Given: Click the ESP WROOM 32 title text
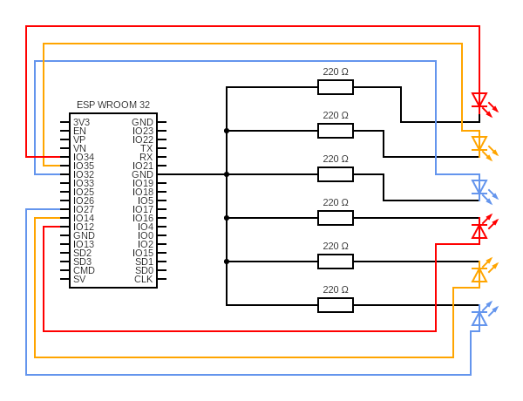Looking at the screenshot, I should pyautogui.click(x=113, y=105).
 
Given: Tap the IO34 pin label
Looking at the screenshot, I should pyautogui.click(x=84, y=157).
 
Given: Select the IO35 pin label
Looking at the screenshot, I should pyautogui.click(x=84, y=166).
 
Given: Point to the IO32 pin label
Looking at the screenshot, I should pyautogui.click(x=84, y=174).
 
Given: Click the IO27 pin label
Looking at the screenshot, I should pyautogui.click(x=84, y=209).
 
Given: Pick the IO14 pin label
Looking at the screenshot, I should pyautogui.click(x=84, y=218).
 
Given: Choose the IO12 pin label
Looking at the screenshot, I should pyautogui.click(x=84, y=227).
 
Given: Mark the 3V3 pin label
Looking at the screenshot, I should pyautogui.click(x=81, y=122).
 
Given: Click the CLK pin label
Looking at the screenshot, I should pyautogui.click(x=144, y=279).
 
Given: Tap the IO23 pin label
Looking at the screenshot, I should pyautogui.click(x=143, y=131).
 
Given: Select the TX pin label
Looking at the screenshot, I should pyautogui.click(x=146, y=148).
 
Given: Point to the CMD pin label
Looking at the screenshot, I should pyautogui.click(x=84, y=270).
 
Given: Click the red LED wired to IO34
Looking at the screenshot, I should pyautogui.click(x=479, y=100).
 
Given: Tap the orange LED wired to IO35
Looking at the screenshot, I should pyautogui.click(x=479, y=144).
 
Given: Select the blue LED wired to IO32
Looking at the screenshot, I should pyautogui.click(x=479, y=187).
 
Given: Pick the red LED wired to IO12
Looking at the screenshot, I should pyautogui.click(x=479, y=231).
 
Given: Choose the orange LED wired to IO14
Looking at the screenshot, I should pyautogui.click(x=479, y=275).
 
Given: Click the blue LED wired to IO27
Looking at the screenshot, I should pyautogui.click(x=479, y=318).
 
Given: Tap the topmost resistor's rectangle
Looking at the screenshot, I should pyautogui.click(x=336, y=87).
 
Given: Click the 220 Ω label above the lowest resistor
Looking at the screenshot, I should pyautogui.click(x=336, y=289).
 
